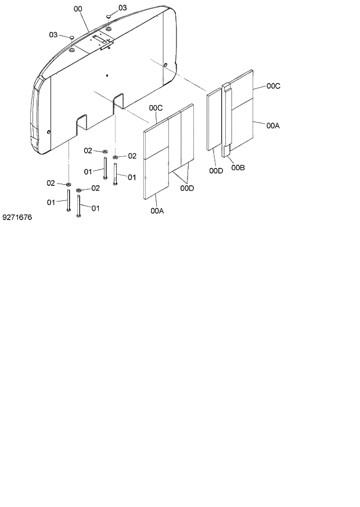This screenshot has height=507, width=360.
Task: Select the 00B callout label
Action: (x=237, y=168)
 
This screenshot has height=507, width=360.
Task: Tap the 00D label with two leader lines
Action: (x=186, y=188)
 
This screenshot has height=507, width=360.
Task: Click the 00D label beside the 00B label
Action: (x=216, y=170)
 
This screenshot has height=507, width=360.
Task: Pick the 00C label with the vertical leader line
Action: (x=156, y=107)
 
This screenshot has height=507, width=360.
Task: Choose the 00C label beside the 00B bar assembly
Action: (x=273, y=86)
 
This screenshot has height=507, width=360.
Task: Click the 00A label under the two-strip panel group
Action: (x=157, y=211)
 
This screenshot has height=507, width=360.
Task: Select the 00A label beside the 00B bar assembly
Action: (x=273, y=124)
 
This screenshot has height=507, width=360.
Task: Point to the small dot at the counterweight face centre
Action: (x=107, y=75)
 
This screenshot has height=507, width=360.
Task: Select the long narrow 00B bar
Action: (x=227, y=122)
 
